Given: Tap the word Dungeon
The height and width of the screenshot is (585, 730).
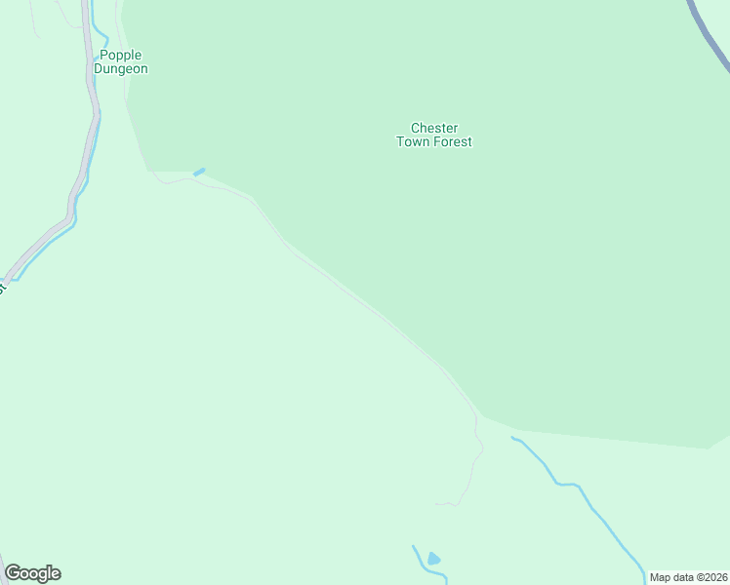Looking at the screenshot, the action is (x=121, y=69).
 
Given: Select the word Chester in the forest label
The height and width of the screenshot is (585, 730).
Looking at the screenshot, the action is (x=434, y=128).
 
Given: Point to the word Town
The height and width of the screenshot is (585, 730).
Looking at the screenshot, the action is (x=413, y=141).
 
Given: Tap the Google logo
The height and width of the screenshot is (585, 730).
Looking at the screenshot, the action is (x=32, y=573).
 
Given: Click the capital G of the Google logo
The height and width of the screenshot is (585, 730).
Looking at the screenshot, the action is (x=13, y=573).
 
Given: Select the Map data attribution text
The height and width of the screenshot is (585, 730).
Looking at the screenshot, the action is (x=672, y=577).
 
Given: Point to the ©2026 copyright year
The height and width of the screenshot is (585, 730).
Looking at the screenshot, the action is (x=711, y=577).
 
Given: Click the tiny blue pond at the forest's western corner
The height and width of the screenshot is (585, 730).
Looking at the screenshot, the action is (x=199, y=173).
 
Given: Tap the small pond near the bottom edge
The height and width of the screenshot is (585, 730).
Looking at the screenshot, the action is (x=433, y=559).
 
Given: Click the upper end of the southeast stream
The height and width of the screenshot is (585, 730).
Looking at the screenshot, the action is (x=513, y=438).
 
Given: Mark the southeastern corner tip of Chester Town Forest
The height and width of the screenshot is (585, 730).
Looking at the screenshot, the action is (x=708, y=448).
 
